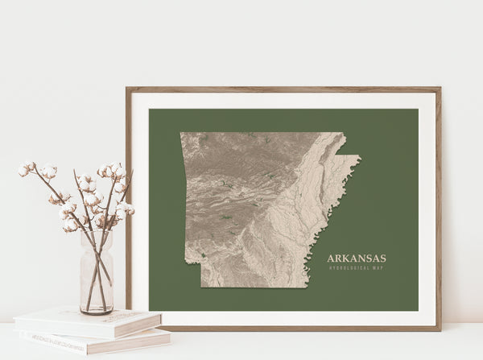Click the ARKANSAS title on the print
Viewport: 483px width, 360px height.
(x=356, y=259)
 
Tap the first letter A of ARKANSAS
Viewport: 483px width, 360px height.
(x=330, y=259)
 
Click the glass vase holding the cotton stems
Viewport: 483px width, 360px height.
(x=97, y=274)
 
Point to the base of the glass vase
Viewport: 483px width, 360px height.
(x=97, y=310)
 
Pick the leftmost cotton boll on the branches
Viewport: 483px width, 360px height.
(x=23, y=170)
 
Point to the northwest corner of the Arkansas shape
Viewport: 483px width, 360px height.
(x=181, y=134)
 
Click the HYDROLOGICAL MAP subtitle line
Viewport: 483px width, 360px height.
(x=356, y=267)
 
